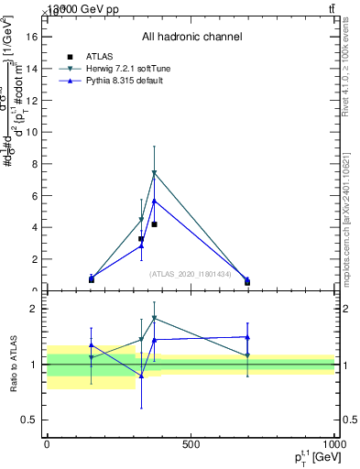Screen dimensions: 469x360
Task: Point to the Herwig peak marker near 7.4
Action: [x=154, y=173]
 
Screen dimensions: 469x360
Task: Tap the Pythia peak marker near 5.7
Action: [x=154, y=201]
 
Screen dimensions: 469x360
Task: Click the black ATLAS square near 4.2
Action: [x=154, y=224]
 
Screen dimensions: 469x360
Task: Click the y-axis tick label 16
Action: [x=30, y=36]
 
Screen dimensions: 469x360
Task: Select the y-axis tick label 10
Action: [x=30, y=131]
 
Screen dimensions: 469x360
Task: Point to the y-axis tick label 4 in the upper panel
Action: [x=33, y=227]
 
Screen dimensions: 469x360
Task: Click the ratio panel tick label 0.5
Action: [x=27, y=420]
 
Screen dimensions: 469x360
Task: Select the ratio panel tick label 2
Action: [x=33, y=309]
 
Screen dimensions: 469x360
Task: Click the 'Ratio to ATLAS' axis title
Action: [x=13, y=365]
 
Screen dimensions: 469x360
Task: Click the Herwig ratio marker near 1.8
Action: [x=154, y=319]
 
